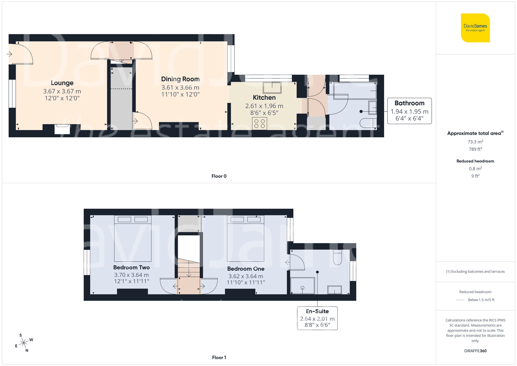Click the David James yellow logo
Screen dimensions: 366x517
point(475,28)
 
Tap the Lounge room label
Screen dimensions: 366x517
point(62,83)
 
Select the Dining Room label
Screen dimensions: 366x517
point(180,79)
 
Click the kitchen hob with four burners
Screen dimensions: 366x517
point(260,123)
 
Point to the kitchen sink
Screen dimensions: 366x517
point(272,87)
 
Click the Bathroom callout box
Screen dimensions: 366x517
point(409,111)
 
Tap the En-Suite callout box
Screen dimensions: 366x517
point(317,318)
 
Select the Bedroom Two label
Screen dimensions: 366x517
point(131,267)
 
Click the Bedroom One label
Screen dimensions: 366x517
point(246,269)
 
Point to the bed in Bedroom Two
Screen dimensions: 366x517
point(133,238)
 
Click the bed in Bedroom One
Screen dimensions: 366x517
point(245,238)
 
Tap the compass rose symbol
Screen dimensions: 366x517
point(24,343)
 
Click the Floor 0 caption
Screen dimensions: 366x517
point(219,176)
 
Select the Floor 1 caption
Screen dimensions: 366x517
point(219,357)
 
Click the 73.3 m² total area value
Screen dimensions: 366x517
point(475,142)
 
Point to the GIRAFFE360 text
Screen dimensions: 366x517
point(475,351)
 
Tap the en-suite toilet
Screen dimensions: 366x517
point(337,257)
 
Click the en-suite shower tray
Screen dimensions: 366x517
point(302,286)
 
